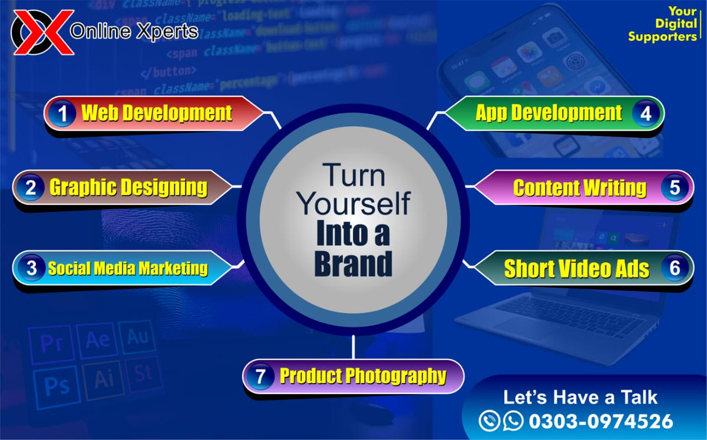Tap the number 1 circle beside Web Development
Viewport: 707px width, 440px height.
pos(62,114)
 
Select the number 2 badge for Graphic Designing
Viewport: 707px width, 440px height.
pos(31,188)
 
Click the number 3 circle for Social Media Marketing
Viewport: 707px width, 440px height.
pos(31,269)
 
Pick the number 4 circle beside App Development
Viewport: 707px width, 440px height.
pos(646,114)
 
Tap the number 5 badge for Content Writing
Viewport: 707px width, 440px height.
pos(675,188)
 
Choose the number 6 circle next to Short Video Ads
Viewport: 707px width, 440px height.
pos(675,269)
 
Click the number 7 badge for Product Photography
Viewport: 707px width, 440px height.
pos(260,376)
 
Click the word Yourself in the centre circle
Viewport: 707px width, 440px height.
pos(353,203)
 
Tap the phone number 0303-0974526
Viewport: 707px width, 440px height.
pos(600,421)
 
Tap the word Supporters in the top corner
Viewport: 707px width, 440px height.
pos(662,37)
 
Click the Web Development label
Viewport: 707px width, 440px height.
pos(157,113)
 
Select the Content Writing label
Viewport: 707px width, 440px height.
pos(580,188)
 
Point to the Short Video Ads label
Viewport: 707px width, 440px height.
pos(576,269)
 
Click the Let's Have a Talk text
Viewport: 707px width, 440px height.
pos(580,397)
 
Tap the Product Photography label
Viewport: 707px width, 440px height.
pos(363,376)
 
